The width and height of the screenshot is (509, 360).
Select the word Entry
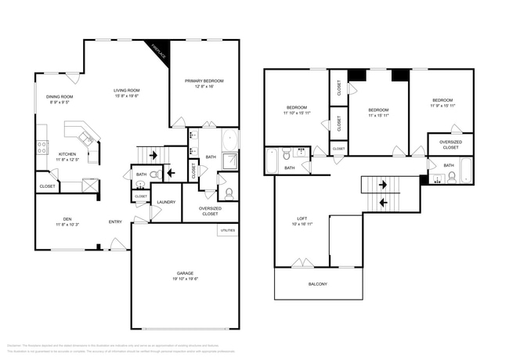[x=115, y=221]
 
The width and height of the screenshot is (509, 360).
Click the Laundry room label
[x=165, y=202]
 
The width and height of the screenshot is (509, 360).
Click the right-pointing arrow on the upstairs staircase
[x=383, y=185]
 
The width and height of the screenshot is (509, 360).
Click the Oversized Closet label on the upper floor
[x=450, y=144]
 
